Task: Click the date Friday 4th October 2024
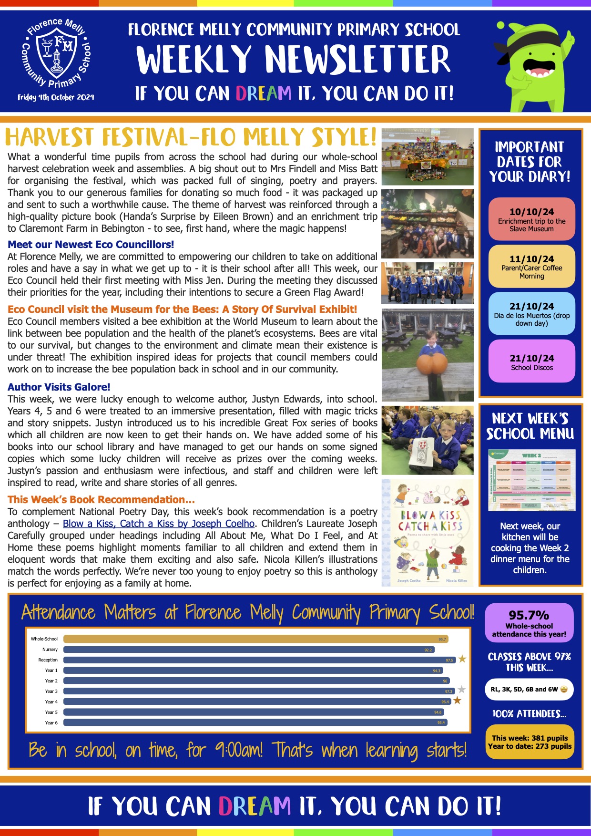56,97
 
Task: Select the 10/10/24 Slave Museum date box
531,219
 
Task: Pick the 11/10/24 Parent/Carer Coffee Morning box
531,266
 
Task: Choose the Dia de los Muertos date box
531,313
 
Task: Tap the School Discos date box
531,361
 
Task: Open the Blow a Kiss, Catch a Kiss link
158,524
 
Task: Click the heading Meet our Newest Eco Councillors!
91,245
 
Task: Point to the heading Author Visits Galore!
59,387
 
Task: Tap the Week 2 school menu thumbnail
531,480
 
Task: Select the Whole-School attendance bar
255,639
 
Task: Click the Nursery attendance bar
248,650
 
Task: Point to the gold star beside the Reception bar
462,660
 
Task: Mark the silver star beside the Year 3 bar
461,690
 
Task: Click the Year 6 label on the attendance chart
51,723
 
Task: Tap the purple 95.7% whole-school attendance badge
529,623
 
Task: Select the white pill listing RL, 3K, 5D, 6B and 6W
529,690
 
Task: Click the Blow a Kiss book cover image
428,532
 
